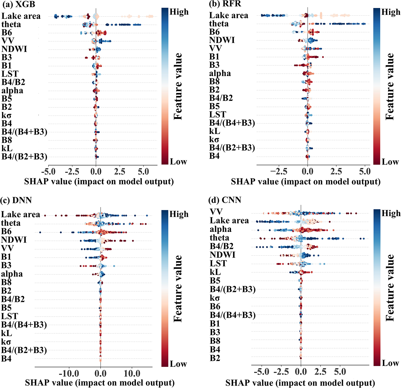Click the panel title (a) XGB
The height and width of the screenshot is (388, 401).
19,4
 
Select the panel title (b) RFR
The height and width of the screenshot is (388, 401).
225,4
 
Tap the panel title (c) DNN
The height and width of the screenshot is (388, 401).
16,200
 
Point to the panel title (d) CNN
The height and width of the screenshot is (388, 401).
225,200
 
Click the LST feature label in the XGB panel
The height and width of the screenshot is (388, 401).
10,74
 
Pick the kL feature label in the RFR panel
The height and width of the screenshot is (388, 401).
215,131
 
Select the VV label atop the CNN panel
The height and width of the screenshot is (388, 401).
216,212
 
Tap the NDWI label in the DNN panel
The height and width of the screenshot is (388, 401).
14,240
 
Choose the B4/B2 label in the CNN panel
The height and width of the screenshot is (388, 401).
221,246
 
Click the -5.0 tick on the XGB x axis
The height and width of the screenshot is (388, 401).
48,172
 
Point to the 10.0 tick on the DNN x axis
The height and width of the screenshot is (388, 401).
132,374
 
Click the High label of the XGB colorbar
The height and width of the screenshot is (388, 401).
179,12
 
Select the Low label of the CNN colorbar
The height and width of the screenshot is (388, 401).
390,363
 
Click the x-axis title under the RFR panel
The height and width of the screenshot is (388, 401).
306,182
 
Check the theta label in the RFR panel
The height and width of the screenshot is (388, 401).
219,24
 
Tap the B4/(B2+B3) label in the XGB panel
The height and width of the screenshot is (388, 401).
24,157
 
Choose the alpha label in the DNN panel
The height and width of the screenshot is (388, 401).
12,274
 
